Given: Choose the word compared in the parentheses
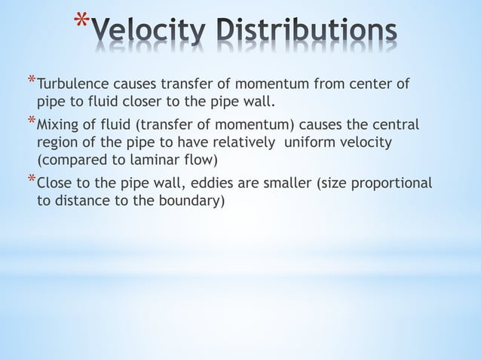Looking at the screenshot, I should click(x=72, y=160).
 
